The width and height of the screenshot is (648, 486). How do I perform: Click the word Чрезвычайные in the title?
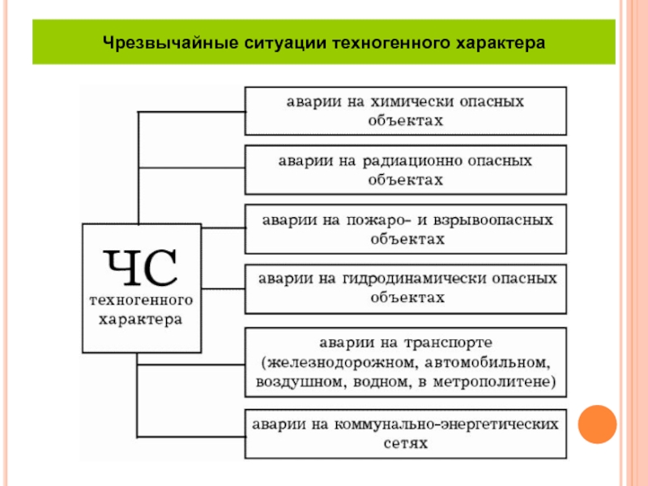click(170, 44)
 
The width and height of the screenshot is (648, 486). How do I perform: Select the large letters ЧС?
click(140, 267)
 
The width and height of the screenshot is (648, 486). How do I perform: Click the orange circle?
click(597, 424)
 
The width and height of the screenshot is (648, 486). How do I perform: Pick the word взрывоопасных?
click(493, 220)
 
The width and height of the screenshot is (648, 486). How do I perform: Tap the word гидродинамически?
click(414, 279)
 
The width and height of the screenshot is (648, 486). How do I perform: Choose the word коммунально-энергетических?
click(446, 424)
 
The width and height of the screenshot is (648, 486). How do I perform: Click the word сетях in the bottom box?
click(406, 443)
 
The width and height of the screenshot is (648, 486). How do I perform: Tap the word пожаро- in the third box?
click(379, 220)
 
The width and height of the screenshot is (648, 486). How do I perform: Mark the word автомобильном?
click(488, 363)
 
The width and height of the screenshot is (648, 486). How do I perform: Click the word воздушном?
click(301, 382)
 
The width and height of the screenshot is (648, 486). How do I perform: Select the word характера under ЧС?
click(140, 320)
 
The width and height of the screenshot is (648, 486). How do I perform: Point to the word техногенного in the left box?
click(141, 300)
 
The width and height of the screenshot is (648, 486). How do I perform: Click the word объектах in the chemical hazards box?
click(406, 121)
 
